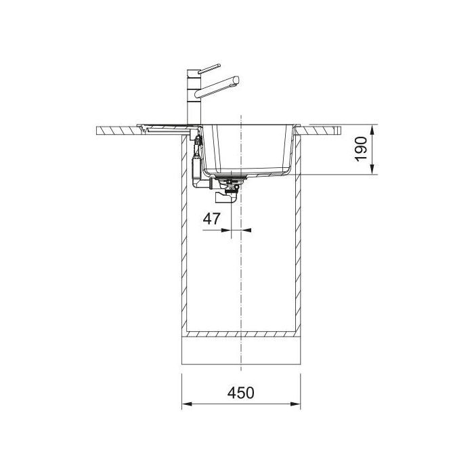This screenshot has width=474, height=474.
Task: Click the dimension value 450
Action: (x=240, y=393)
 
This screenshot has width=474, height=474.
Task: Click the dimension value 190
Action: (x=361, y=149)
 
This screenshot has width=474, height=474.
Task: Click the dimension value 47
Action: (x=211, y=219)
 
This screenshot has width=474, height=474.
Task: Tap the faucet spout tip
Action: (x=236, y=81)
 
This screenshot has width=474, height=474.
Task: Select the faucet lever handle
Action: (x=209, y=69)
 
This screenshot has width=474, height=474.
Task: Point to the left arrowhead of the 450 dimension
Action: (x=187, y=404)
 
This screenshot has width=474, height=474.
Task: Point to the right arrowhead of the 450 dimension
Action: (x=295, y=404)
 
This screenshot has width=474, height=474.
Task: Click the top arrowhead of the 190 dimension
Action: (x=372, y=131)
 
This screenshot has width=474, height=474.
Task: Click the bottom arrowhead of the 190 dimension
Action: (x=372, y=169)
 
